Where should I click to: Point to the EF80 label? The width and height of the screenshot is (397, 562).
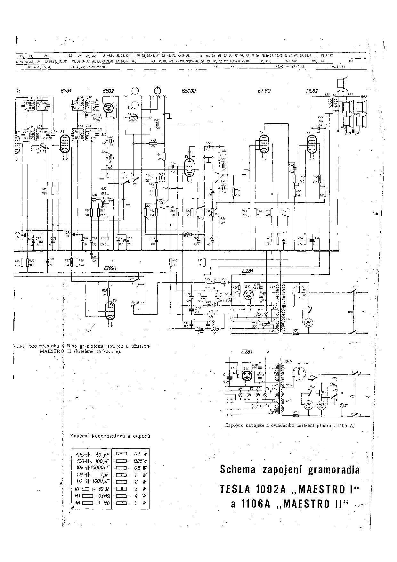coord(264,91)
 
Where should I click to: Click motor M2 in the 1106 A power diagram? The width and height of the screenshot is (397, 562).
coord(321,405)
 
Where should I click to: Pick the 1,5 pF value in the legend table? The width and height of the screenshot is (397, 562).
coord(102,455)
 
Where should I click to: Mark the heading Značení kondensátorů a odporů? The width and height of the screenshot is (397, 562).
coord(110,436)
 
